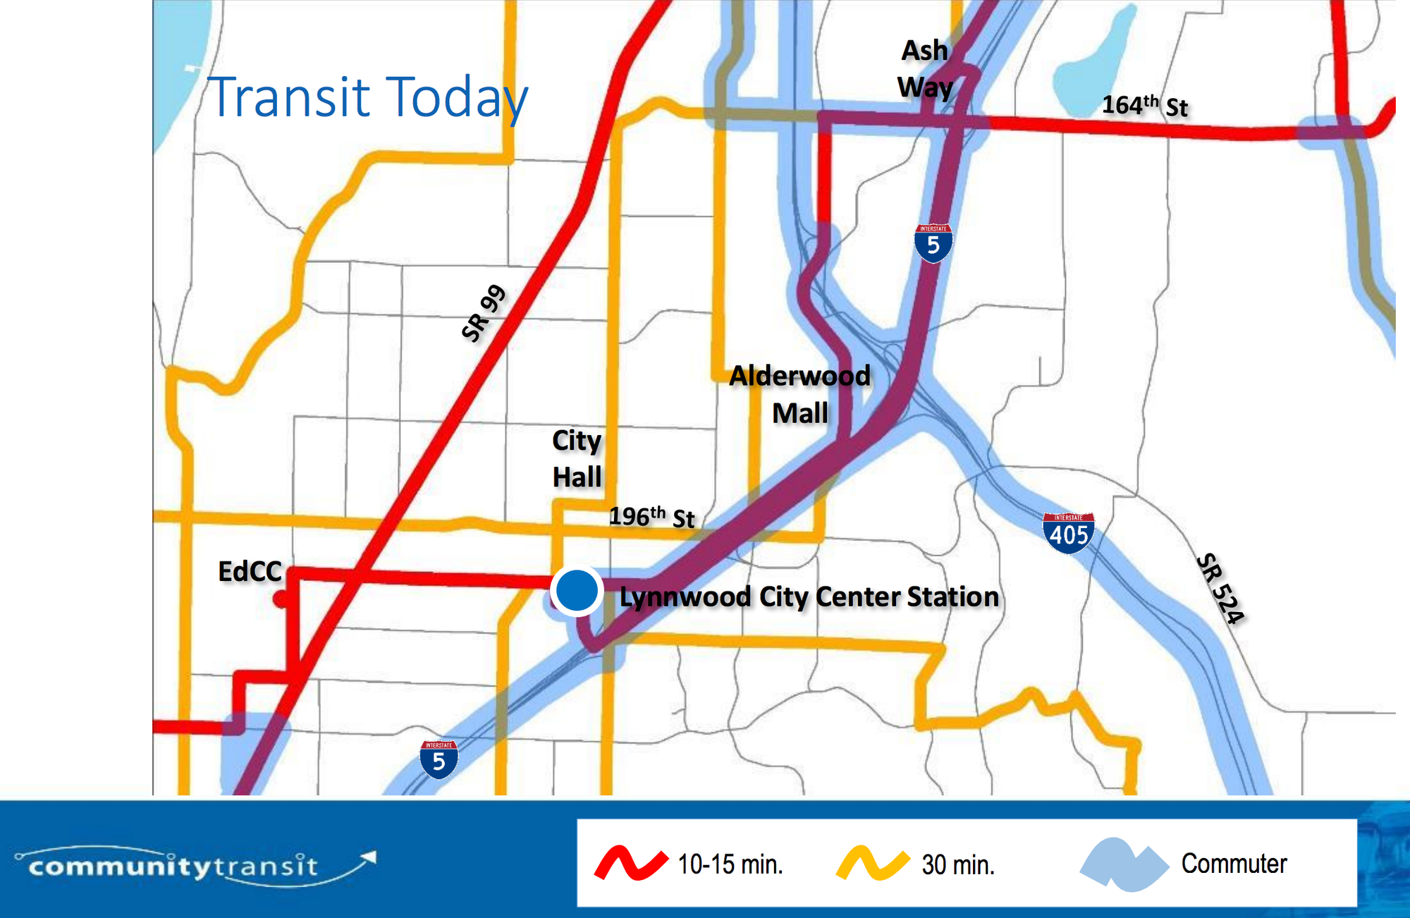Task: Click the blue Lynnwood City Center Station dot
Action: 577,591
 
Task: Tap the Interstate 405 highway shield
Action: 1068,532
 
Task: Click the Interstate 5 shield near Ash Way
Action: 933,243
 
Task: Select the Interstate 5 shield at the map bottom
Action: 439,759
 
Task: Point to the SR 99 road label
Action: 484,314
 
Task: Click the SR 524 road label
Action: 1220,589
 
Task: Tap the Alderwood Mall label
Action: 800,394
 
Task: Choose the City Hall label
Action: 577,458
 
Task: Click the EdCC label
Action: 250,572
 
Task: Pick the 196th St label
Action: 652,517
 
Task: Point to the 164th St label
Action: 1145,106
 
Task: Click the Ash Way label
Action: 925,69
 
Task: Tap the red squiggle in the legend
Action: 631,863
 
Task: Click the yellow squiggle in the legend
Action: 873,863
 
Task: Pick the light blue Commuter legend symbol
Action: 1124,863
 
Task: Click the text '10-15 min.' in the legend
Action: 730,864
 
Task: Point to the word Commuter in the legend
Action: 1234,864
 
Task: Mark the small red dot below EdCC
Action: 281,600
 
